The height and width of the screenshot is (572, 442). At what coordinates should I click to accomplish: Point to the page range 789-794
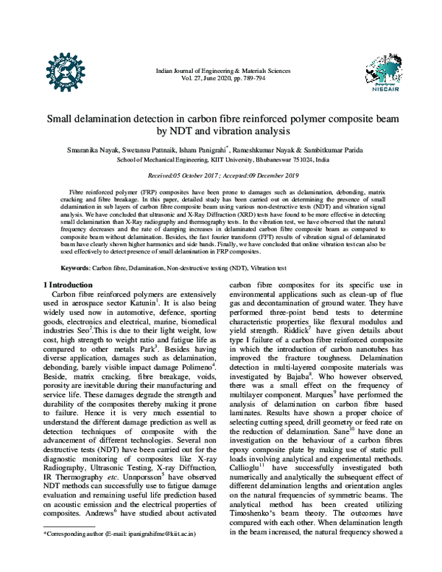[255, 77]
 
